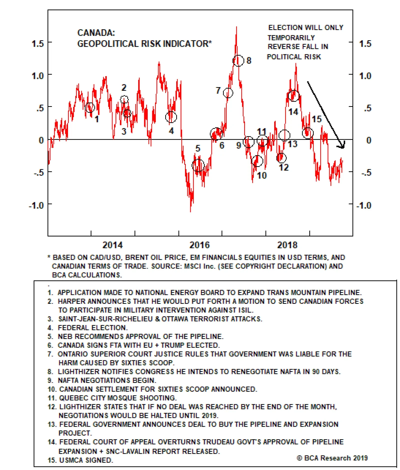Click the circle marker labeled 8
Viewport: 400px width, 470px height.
pos(238,61)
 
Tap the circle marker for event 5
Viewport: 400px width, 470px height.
pos(198,165)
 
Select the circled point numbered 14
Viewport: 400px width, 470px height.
pos(293,96)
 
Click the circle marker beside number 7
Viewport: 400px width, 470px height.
pos(228,93)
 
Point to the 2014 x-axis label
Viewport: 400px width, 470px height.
pos(112,245)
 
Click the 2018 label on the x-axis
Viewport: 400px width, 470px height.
pos(287,245)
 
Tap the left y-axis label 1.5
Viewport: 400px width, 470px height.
pos(37,44)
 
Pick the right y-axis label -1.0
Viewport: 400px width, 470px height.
pos(364,205)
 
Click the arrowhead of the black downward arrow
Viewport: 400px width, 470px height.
pos(342,146)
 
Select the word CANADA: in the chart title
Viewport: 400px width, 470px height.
pos(96,33)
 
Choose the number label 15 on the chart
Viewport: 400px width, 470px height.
pos(316,119)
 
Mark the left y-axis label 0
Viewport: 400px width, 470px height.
pos(41,140)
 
